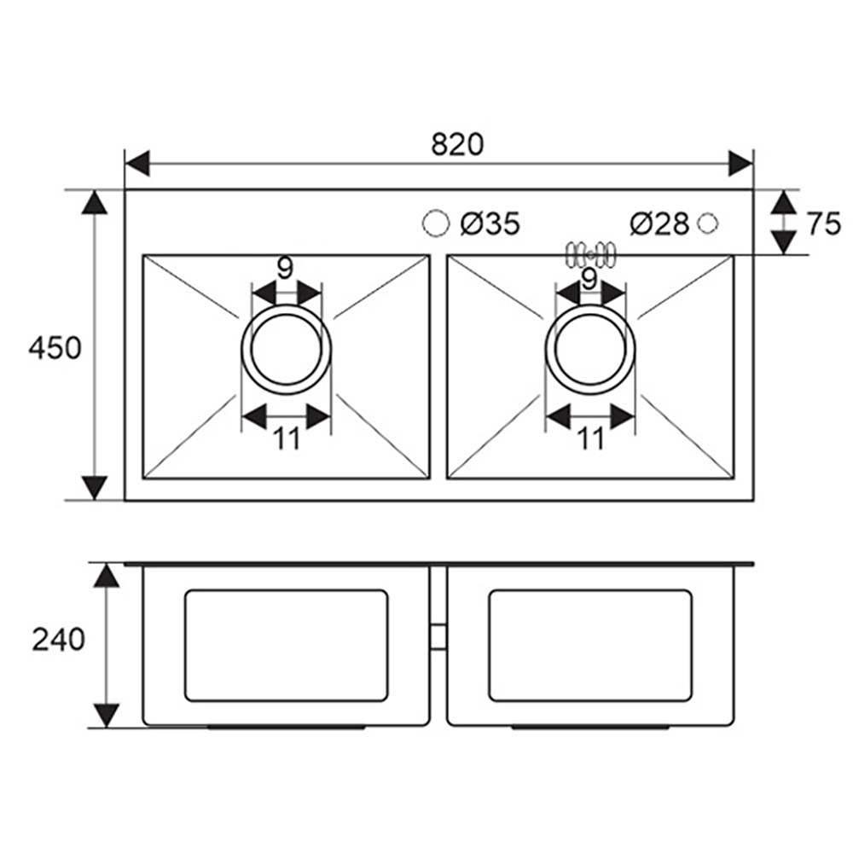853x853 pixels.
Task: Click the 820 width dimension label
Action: [x=457, y=145]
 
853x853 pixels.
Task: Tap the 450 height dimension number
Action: [x=55, y=348]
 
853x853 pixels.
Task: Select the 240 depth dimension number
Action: [x=58, y=640]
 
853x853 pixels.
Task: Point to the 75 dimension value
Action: [x=824, y=223]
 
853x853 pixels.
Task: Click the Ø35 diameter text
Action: [x=490, y=223]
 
